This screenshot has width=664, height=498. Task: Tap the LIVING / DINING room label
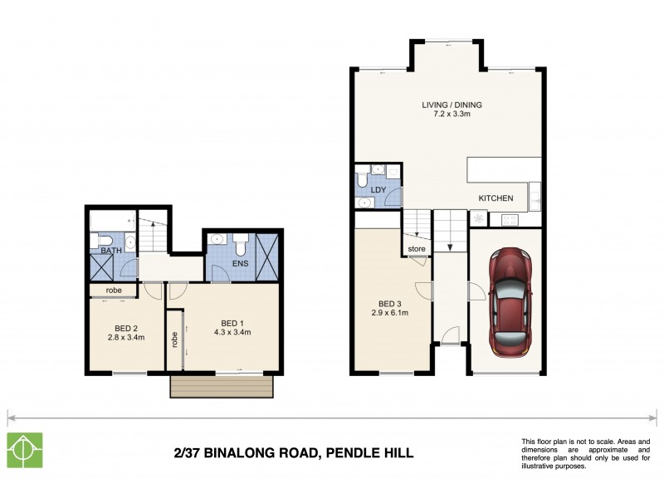pos(452,105)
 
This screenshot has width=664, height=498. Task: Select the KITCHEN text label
pos(496,198)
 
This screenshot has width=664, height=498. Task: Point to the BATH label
pos(110,250)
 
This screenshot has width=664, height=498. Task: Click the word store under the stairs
pos(417,247)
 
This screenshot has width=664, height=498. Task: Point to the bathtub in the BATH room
pos(112,220)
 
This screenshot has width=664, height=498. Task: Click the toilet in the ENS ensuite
pos(242,245)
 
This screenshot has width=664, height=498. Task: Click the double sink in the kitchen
pos(535,198)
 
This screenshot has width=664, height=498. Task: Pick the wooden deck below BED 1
pos(221,387)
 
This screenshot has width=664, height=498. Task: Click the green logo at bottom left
pos(25,451)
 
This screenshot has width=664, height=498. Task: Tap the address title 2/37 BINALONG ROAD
pos(294,453)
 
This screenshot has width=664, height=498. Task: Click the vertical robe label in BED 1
pos(174,339)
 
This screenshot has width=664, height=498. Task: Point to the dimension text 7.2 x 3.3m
pos(452,115)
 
